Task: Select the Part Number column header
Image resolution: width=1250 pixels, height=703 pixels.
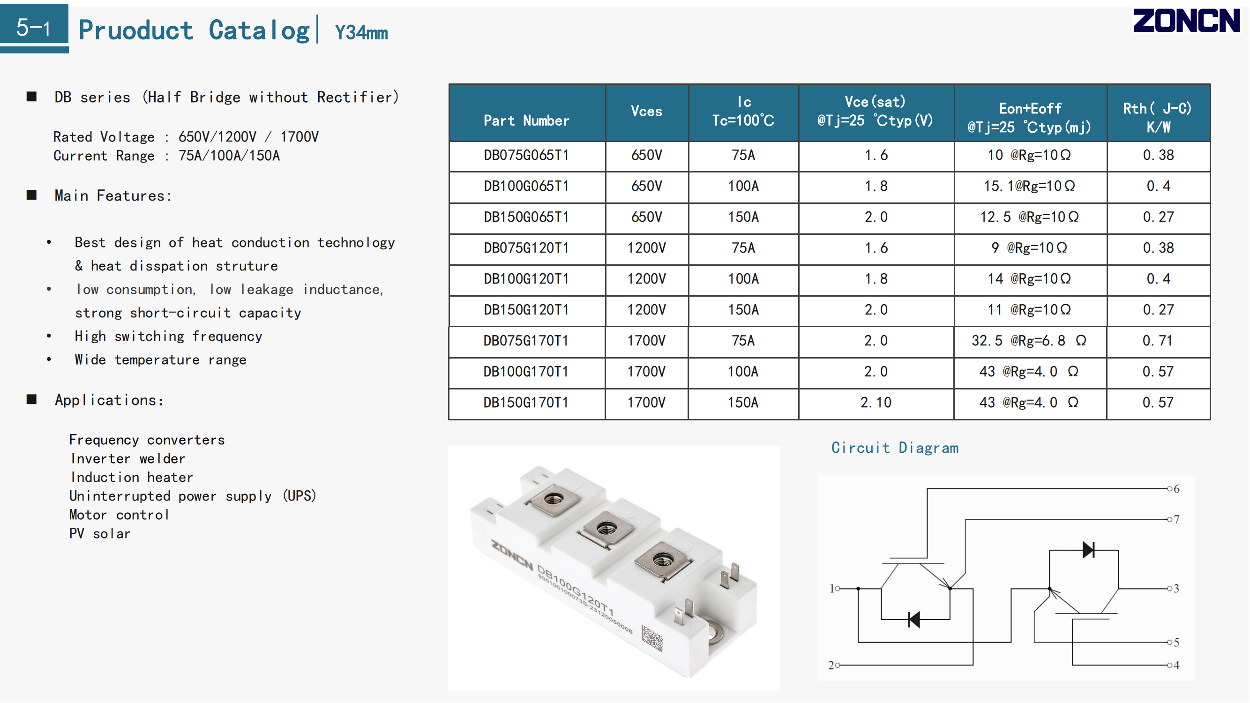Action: (526, 120)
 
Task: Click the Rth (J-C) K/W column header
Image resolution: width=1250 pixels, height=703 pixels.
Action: (1158, 118)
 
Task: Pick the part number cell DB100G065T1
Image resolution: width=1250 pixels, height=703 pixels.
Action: (526, 186)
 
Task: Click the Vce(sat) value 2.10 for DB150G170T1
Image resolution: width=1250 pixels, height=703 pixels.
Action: (876, 402)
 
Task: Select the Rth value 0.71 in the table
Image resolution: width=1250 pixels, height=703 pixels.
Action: (1158, 341)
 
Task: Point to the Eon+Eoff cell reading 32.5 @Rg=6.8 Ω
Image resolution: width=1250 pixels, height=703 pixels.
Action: (1029, 341)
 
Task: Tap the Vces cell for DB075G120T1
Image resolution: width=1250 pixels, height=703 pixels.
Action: (647, 248)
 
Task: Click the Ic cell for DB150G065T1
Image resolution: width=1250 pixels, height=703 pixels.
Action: (743, 217)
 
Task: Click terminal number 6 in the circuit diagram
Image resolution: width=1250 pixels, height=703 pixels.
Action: (1176, 489)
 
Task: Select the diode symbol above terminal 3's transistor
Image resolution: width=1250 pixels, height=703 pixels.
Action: (1088, 550)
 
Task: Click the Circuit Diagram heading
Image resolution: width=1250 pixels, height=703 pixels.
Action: (895, 447)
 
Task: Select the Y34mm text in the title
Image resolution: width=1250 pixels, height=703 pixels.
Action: (361, 32)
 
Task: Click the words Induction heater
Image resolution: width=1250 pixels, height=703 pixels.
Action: (132, 478)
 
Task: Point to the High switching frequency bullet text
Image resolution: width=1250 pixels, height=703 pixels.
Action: (168, 336)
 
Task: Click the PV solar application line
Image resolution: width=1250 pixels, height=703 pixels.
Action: (100, 534)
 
